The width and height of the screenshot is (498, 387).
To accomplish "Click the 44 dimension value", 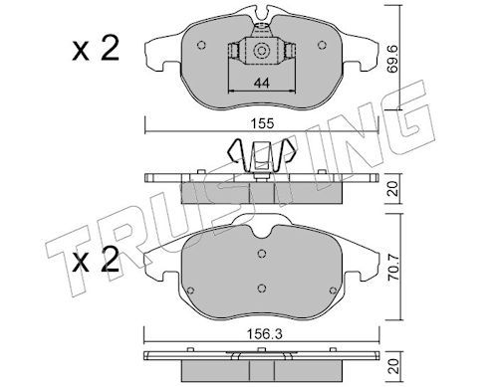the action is coord(261,83).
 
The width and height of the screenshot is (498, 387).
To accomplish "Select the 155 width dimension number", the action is coord(262,123).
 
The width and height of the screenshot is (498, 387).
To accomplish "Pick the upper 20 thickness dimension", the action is coord(393,188).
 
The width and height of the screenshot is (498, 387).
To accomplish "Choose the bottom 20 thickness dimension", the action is coord(394,366).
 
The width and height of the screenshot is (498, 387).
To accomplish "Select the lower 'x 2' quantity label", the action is coord(96,260).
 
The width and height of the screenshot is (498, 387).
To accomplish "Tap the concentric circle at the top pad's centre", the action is coord(261,51).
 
